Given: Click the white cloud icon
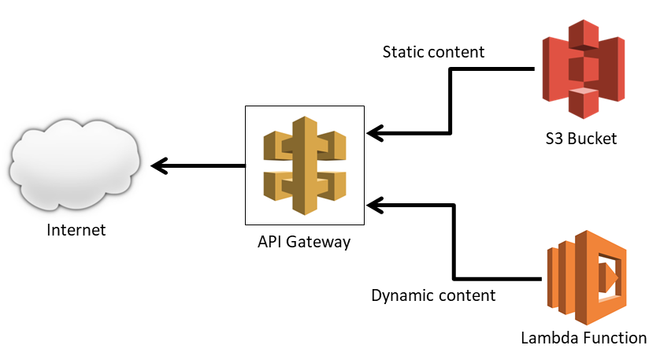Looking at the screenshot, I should (74, 165).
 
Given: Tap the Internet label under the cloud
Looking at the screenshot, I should (76, 231).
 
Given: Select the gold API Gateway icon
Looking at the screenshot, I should (304, 165).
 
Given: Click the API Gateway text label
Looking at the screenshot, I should (304, 242).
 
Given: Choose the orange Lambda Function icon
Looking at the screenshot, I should (587, 278).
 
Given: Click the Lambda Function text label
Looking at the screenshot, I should (584, 338).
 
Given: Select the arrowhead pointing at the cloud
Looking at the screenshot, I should (158, 165).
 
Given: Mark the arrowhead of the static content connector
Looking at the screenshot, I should (375, 132).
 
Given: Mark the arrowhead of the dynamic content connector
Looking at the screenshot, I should (375, 205).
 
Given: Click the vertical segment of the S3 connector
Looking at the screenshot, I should (450, 100).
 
